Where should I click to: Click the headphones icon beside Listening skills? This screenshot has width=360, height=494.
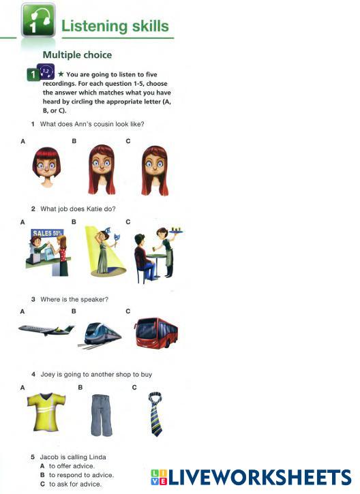coord(38,20)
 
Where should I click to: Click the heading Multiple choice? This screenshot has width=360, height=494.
coord(77,55)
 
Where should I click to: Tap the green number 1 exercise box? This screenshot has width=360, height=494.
coord(33,75)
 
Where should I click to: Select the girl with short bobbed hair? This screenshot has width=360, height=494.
coord(46,167)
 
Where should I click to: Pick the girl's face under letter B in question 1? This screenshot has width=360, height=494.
coord(102,169)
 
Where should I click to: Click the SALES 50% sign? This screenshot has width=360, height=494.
coord(47,234)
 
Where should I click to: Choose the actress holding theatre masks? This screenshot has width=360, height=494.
coord(106,251)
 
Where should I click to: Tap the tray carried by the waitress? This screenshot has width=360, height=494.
coord(176,232)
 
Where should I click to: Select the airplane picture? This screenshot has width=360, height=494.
coord(46,329)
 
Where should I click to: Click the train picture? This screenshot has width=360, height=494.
coord(100,335)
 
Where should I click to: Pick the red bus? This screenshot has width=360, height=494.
coord(155,333)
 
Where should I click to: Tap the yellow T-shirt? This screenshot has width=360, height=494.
coord(46,412)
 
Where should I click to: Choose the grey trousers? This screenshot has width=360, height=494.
coord(101,415)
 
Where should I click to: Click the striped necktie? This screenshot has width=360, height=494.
coord(155,413)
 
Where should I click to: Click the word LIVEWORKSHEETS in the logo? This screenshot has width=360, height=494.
coord(260,478)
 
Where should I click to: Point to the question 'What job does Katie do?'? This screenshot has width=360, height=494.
coord(78,209)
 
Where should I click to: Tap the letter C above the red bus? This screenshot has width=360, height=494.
coord(128,311)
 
